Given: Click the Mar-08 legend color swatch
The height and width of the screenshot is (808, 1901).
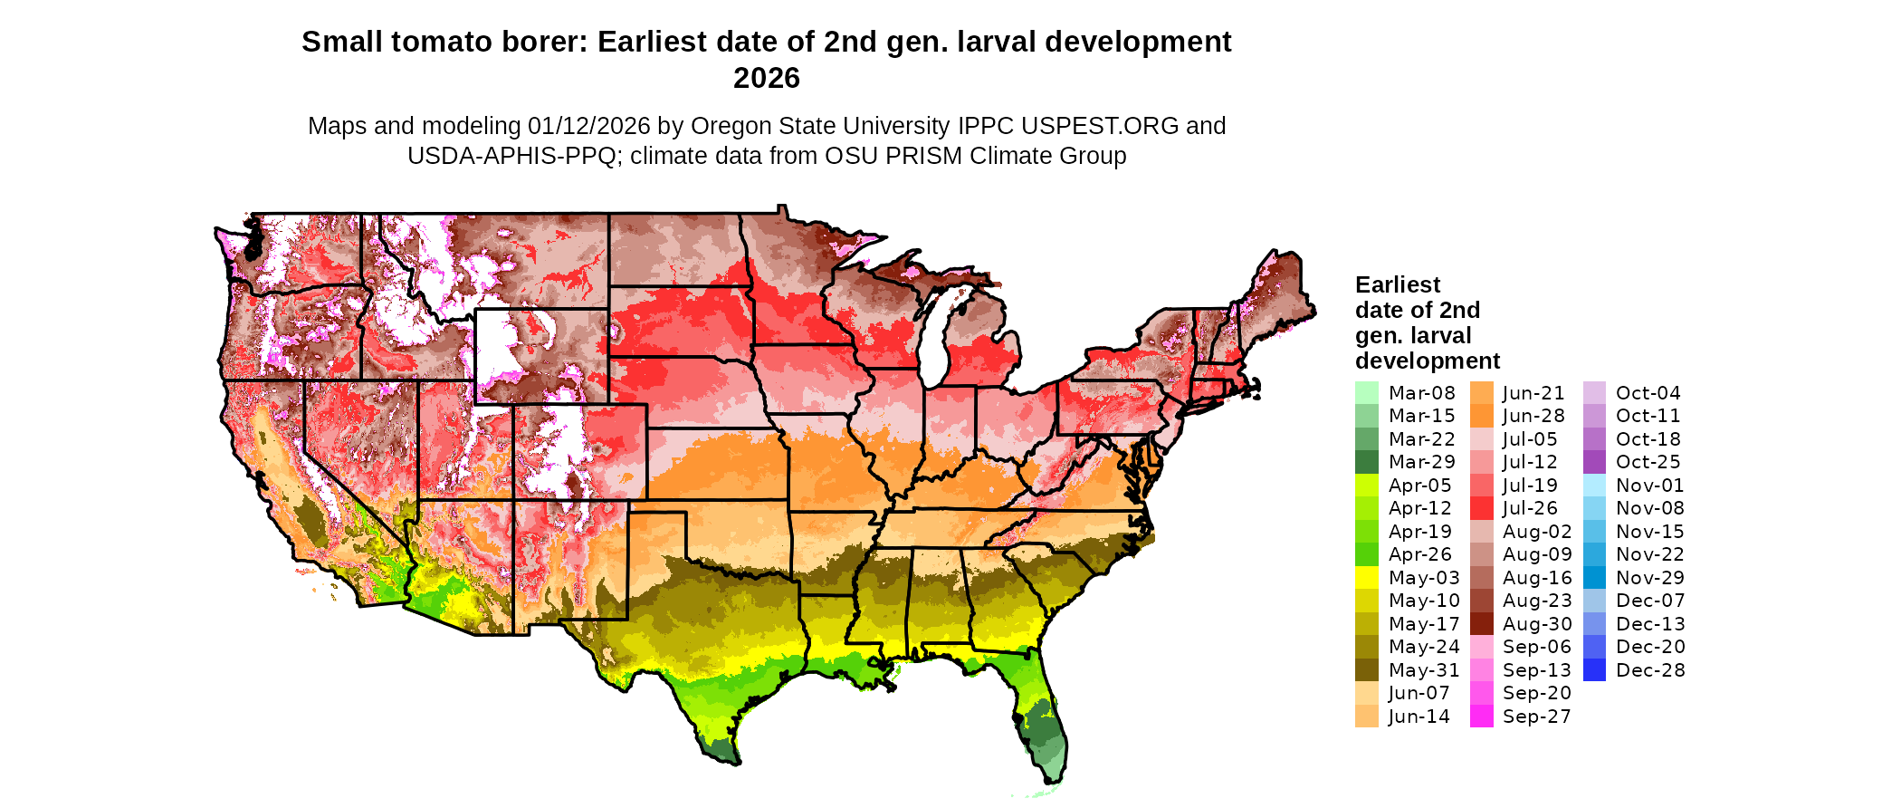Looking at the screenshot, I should (x=1366, y=393).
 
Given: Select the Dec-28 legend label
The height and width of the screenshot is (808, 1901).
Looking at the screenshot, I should (x=1649, y=670).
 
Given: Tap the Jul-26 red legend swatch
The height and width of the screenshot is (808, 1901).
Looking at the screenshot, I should (x=1481, y=508).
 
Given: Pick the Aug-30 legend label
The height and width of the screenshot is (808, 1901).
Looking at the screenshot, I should (x=1536, y=624).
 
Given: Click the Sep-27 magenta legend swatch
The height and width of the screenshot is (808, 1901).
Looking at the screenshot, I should (x=1481, y=717).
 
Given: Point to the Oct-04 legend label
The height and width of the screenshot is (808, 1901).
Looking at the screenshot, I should (x=1648, y=393).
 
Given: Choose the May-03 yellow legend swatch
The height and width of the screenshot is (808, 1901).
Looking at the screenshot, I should (x=1366, y=578).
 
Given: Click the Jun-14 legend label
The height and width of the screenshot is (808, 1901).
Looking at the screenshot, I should (x=1419, y=717).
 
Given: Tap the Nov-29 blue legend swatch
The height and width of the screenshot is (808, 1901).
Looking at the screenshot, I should (x=1594, y=578).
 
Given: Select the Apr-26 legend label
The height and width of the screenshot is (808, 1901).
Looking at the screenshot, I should (x=1419, y=554).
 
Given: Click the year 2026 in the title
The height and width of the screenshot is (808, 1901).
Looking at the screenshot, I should (x=767, y=79).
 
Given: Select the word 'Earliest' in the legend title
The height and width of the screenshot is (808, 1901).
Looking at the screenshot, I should (x=1397, y=285).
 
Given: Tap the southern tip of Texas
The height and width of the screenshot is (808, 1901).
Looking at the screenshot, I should (x=724, y=748).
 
